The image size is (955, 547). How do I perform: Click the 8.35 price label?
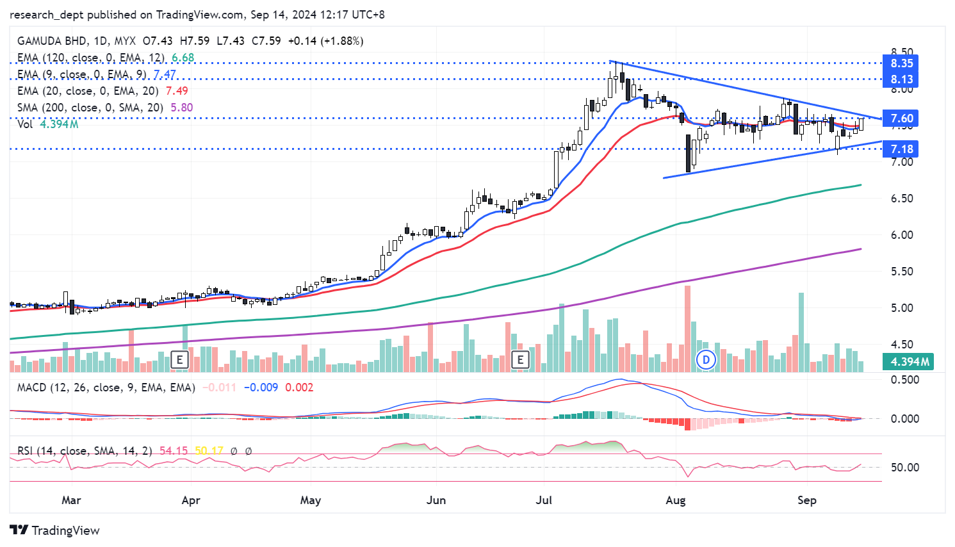pyautogui.click(x=901, y=63)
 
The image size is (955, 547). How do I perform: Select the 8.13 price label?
pyautogui.click(x=901, y=79)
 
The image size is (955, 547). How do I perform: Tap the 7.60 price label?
pyautogui.click(x=901, y=118)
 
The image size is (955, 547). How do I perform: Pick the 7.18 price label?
pyautogui.click(x=901, y=149)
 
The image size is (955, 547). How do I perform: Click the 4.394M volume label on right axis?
pyautogui.click(x=910, y=362)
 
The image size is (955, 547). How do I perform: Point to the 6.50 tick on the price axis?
pyautogui.click(x=901, y=199)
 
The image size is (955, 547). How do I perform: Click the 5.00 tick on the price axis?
pyautogui.click(x=901, y=308)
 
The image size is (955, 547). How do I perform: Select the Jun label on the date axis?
pyautogui.click(x=436, y=500)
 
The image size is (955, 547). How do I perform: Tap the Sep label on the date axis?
pyautogui.click(x=806, y=500)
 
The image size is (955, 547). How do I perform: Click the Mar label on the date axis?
pyautogui.click(x=71, y=500)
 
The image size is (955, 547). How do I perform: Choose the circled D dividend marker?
pyautogui.click(x=706, y=360)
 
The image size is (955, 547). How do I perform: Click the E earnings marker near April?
pyautogui.click(x=180, y=360)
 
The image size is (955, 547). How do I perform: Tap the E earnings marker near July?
pyautogui.click(x=520, y=360)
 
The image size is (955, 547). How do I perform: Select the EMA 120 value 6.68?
pyautogui.click(x=183, y=58)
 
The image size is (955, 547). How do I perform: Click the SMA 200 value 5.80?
pyautogui.click(x=181, y=108)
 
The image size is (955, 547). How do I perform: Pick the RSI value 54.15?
pyautogui.click(x=174, y=451)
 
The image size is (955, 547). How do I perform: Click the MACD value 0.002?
pyautogui.click(x=299, y=388)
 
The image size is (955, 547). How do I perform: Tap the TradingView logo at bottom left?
pyautogui.click(x=55, y=530)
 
